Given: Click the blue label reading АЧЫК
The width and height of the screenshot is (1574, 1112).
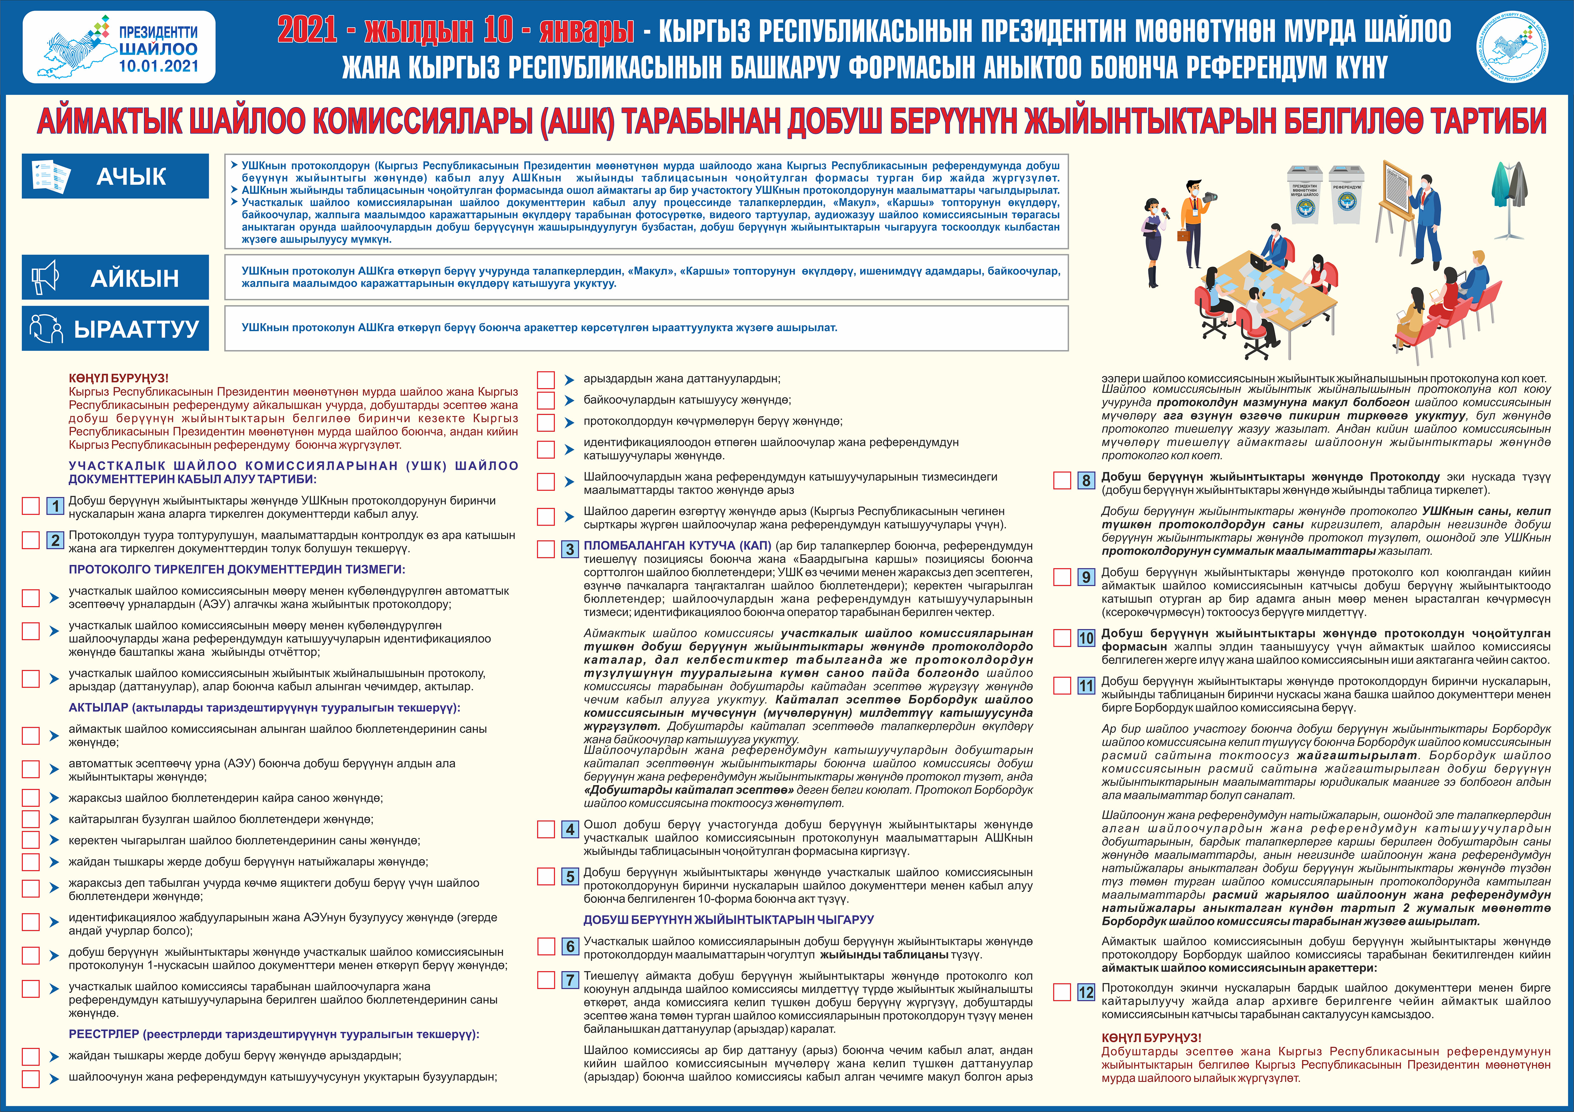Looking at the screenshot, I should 131,177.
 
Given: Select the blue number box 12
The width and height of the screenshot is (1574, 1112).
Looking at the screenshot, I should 1086,992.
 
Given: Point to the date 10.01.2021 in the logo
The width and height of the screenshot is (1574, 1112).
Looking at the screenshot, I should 158,67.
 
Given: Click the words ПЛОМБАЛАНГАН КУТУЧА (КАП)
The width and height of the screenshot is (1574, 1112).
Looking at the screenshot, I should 677,546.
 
